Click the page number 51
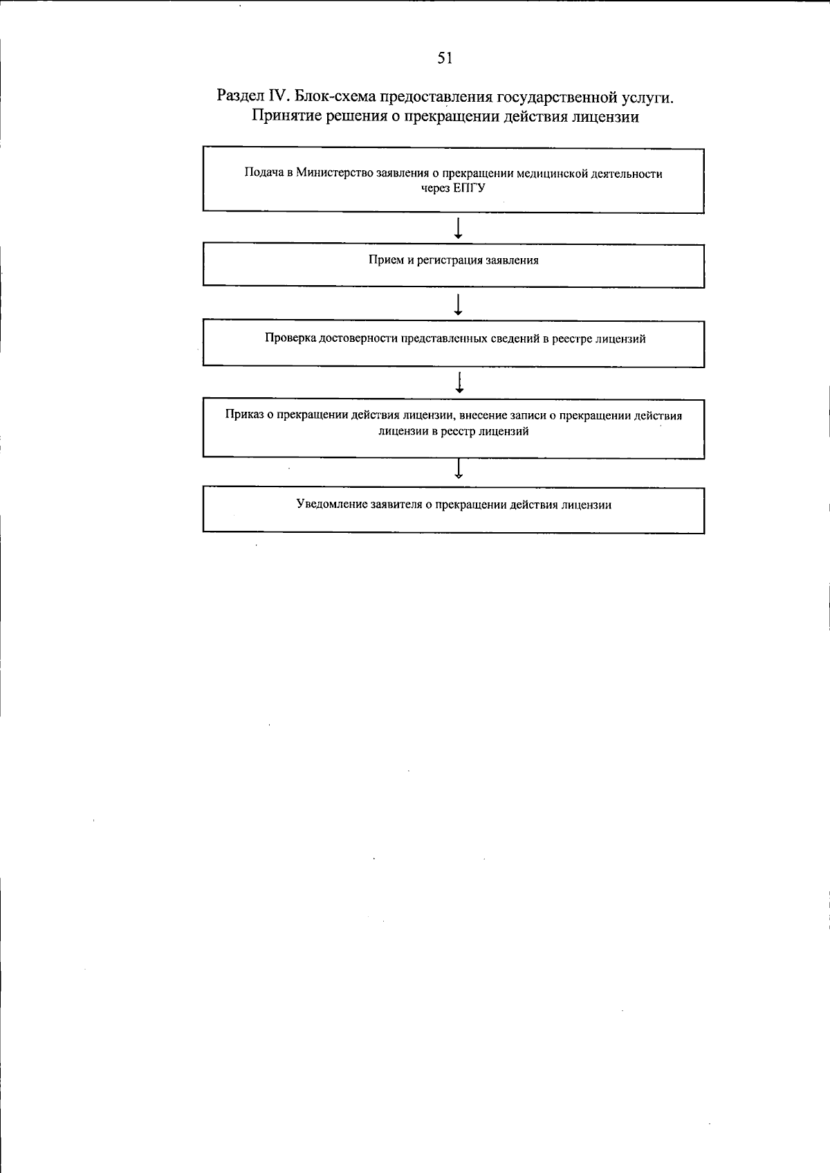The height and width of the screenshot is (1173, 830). tap(445, 59)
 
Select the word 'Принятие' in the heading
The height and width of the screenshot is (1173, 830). tap(282, 116)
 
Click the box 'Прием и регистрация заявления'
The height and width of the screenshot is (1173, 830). tap(453, 265)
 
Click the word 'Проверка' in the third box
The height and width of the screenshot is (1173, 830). tap(289, 339)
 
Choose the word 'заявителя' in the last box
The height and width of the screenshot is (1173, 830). tap(396, 505)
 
